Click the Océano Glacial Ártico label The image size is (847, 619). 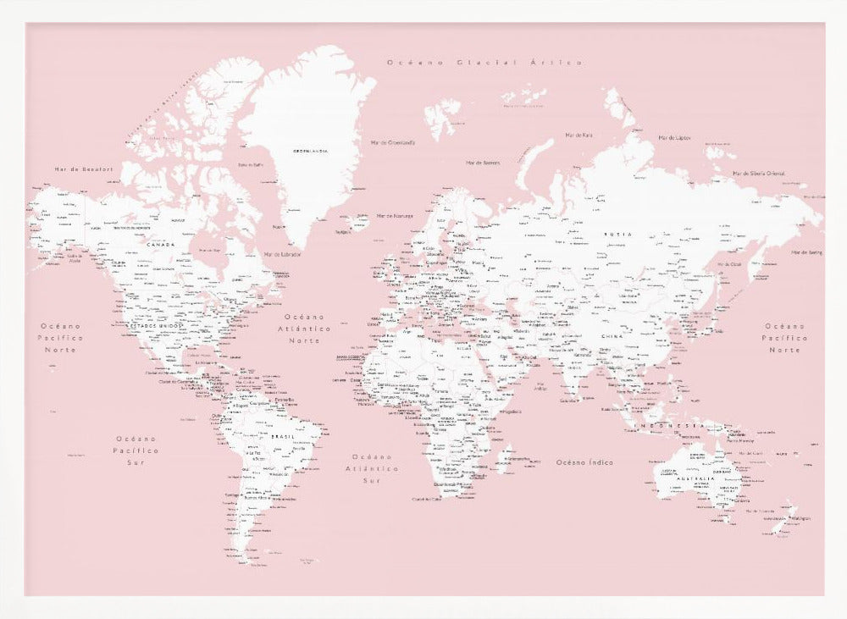[x=484, y=63]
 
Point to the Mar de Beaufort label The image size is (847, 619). [x=84, y=169]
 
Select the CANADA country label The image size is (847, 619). [x=160, y=245]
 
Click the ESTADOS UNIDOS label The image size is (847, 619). [x=156, y=325]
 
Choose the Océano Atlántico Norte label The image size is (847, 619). [x=305, y=328]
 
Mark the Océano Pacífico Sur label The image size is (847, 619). [x=137, y=450]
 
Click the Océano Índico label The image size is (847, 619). [x=584, y=462]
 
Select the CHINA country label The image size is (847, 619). [x=612, y=337]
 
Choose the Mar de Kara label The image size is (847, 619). [x=579, y=135]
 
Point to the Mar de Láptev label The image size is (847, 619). [x=675, y=137]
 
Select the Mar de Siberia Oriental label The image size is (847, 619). [x=758, y=173]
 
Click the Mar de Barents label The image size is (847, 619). [x=483, y=163]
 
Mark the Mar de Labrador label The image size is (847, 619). [x=283, y=254]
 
